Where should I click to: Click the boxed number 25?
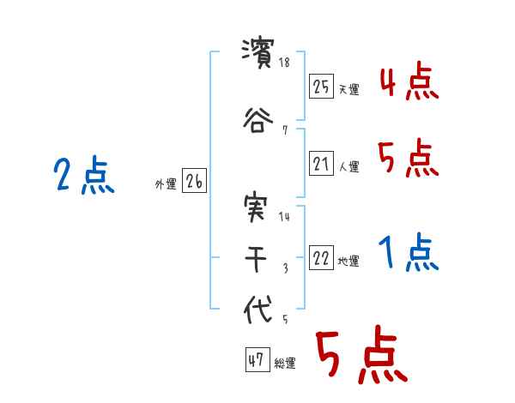click(x=321, y=87)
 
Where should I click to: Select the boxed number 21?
click(x=321, y=165)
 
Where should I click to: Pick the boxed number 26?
click(x=194, y=182)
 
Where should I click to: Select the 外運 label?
click(x=166, y=184)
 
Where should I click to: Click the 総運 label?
click(x=285, y=364)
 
